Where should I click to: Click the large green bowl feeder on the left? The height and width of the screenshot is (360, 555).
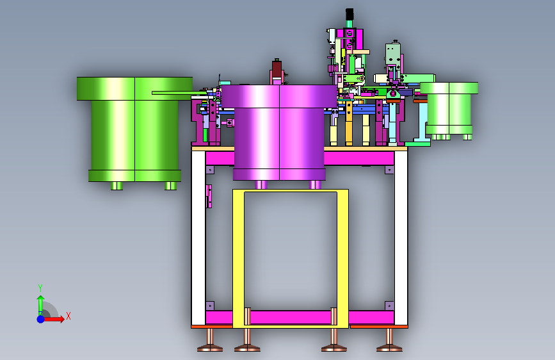click(x=134, y=129)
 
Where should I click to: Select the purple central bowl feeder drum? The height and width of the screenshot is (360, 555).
click(x=279, y=132)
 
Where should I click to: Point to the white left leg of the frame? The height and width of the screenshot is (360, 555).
click(x=198, y=238)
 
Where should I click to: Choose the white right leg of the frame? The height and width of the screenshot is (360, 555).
click(x=401, y=238)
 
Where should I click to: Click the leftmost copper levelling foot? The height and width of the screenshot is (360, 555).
click(x=210, y=340)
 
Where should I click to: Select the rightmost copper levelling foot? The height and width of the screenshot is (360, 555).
click(x=389, y=340)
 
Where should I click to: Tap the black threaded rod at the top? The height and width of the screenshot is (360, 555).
click(x=350, y=15)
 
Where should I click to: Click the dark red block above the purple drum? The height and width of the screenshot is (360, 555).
click(x=277, y=69)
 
